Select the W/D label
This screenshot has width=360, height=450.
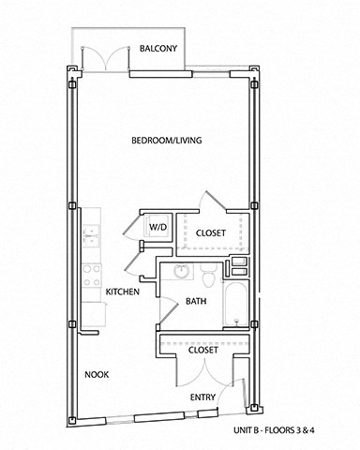click(x=157, y=227)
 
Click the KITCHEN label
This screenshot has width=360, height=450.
click(x=122, y=292)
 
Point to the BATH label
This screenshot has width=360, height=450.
click(x=196, y=302)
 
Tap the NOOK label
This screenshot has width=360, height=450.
click(x=97, y=375)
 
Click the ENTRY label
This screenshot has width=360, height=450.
click(x=203, y=397)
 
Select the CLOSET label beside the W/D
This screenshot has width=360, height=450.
click(x=212, y=232)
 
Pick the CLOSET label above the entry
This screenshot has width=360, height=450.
click(x=203, y=351)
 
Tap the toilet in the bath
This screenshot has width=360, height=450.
click(x=209, y=273)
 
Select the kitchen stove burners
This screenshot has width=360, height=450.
click(x=92, y=276)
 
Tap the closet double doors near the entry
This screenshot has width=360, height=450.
click(x=203, y=370)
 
